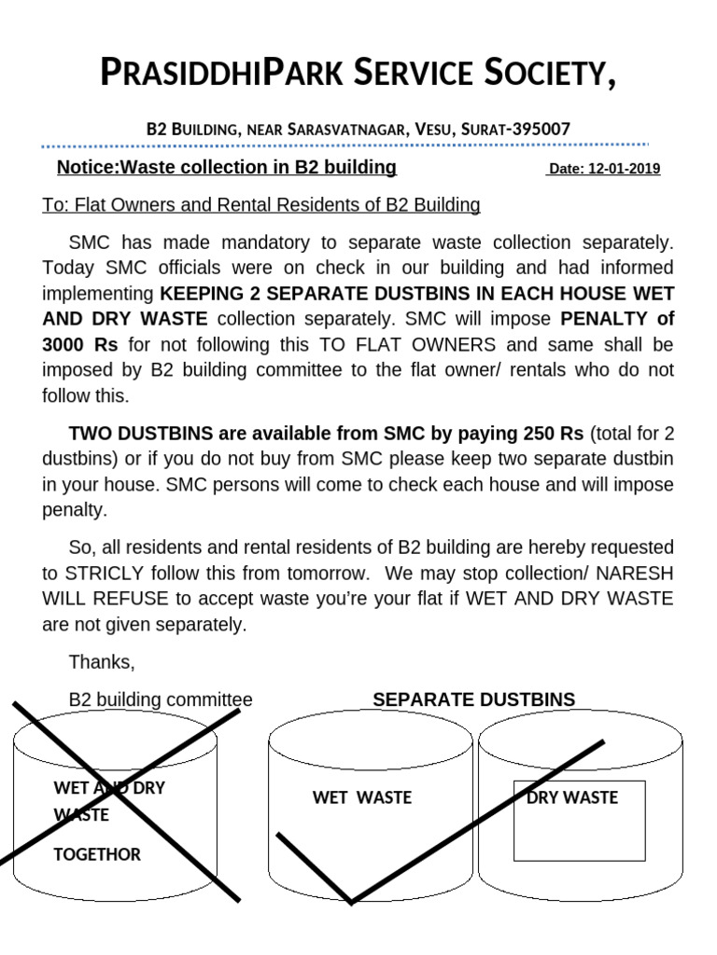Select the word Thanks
pos(102,662)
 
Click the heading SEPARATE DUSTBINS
pos(474,699)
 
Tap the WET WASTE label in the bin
pos(362,798)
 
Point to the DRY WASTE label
pos(572,797)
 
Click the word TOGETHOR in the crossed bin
pos(97,854)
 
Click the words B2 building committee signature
pos(161,699)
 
